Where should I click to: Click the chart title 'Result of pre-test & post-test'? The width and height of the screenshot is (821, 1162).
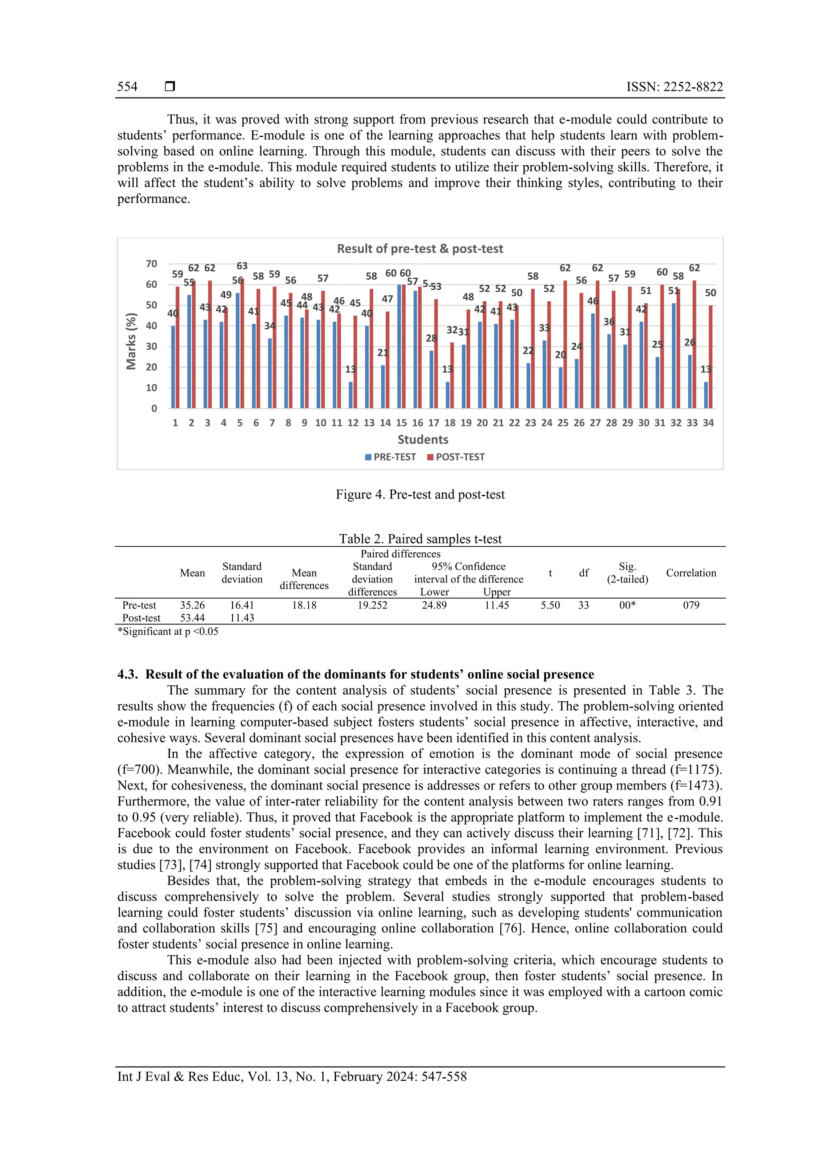pyautogui.click(x=420, y=249)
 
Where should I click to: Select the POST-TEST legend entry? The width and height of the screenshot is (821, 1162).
pyautogui.click(x=455, y=457)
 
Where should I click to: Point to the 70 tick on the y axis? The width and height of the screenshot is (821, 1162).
pyautogui.click(x=151, y=264)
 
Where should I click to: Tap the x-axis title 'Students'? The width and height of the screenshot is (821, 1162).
pyautogui.click(x=423, y=439)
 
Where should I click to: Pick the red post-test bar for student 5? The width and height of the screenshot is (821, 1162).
pyautogui.click(x=242, y=343)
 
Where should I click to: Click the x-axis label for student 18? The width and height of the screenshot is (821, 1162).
pyautogui.click(x=450, y=423)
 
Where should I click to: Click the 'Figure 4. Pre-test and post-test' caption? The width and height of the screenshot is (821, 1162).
pyautogui.click(x=420, y=495)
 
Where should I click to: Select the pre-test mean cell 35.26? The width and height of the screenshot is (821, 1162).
pyautogui.click(x=192, y=605)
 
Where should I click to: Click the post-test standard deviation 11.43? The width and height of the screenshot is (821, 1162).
pyautogui.click(x=242, y=618)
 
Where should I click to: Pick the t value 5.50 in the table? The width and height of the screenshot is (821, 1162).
pyautogui.click(x=550, y=605)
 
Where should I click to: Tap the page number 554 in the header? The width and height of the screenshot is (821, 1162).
pyautogui.click(x=127, y=87)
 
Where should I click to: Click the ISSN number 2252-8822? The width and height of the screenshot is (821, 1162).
pyautogui.click(x=692, y=87)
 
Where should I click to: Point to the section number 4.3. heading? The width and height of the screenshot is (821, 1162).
pyautogui.click(x=127, y=675)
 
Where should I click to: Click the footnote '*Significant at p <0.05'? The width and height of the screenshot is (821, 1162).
pyautogui.click(x=168, y=632)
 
